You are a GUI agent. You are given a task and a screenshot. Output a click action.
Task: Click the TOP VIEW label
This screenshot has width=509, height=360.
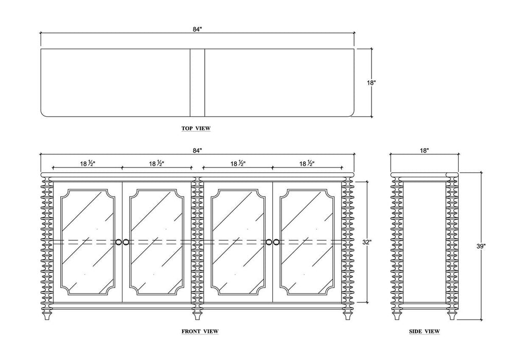pyautogui.click(x=196, y=128)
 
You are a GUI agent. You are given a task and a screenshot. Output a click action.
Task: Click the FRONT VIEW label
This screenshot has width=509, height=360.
pyautogui.click(x=200, y=331)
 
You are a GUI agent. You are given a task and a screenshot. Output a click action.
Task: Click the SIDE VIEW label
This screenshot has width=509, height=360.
pyautogui.click(x=424, y=331)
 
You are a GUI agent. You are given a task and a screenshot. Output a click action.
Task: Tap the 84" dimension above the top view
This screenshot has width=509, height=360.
pyautogui.click(x=197, y=29)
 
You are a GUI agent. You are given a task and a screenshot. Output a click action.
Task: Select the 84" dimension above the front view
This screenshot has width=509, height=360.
pyautogui.click(x=197, y=151)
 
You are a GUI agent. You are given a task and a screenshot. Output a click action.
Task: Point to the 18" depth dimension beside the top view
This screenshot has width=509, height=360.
pyautogui.click(x=371, y=83)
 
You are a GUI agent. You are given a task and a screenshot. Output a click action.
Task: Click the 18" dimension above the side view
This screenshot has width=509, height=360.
pyautogui.click(x=424, y=151)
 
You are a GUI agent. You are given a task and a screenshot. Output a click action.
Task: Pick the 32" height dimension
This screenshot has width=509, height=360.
pyautogui.click(x=367, y=242)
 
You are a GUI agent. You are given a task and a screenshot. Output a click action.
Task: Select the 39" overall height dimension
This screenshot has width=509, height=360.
pyautogui.click(x=481, y=246)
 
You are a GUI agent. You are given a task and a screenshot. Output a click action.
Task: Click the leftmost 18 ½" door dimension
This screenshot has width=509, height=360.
pyautogui.click(x=87, y=164)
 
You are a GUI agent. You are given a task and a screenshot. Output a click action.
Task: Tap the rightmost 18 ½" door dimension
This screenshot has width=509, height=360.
pyautogui.click(x=307, y=164)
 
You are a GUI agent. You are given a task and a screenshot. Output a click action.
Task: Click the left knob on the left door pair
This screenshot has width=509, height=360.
pyautogui.click(x=118, y=242)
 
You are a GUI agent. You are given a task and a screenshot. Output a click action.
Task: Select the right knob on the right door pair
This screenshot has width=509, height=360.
pyautogui.click(x=276, y=242)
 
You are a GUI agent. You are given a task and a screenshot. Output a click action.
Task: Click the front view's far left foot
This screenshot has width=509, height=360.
pyautogui.click(x=47, y=314)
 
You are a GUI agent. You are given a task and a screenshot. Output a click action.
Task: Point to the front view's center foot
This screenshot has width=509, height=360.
pyautogui.click(x=197, y=314)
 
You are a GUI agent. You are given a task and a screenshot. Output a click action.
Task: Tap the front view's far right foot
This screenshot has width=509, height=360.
pyautogui.click(x=347, y=314)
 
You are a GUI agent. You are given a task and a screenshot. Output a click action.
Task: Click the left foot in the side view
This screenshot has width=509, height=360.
pyautogui.click(x=397, y=314)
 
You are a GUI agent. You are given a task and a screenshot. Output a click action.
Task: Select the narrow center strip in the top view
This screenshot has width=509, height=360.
pyautogui.click(x=197, y=83)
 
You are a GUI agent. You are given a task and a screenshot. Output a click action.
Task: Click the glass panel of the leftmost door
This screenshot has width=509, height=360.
pyautogui.click(x=87, y=242)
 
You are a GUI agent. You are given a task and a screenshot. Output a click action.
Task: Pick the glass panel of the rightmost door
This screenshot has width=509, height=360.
pyautogui.click(x=307, y=242)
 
